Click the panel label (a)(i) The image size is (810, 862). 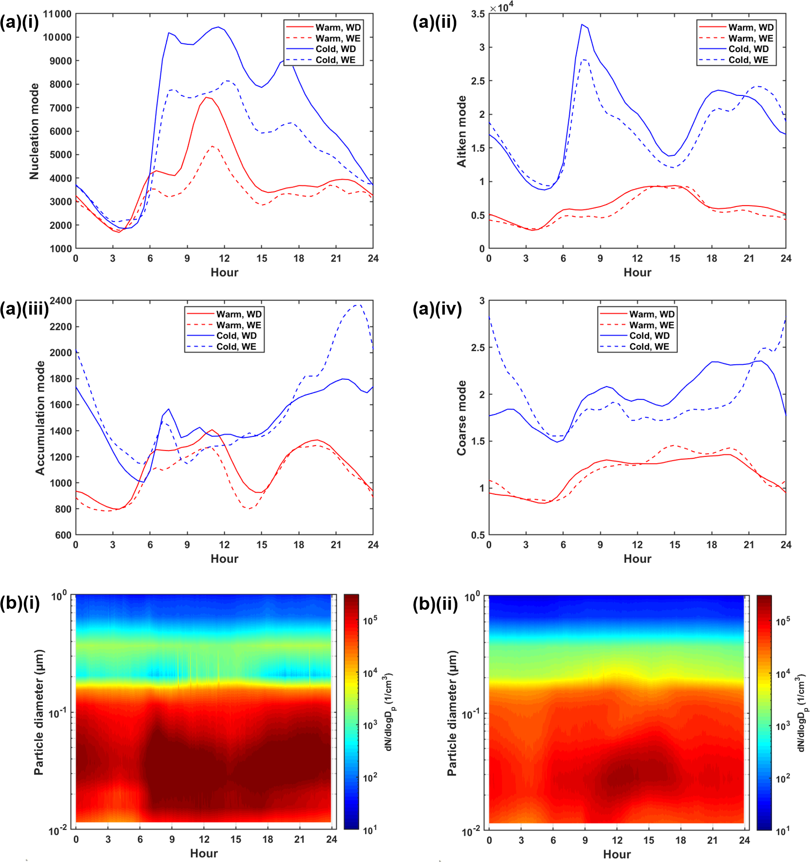pyautogui.click(x=19, y=22)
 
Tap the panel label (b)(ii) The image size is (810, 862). pyautogui.click(x=435, y=604)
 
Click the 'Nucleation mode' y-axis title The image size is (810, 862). pyautogui.click(x=34, y=131)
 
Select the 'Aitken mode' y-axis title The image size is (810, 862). pyautogui.click(x=461, y=131)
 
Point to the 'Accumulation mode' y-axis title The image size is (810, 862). pyautogui.click(x=40, y=418)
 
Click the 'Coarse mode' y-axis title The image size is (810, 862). pyautogui.click(x=461, y=418)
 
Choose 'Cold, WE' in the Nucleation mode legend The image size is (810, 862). pyautogui.click(x=335, y=60)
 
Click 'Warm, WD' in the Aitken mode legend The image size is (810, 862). pyautogui.click(x=751, y=27)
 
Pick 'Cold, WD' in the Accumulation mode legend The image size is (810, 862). pyautogui.click(x=236, y=336)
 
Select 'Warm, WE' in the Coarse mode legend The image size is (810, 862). pyautogui.click(x=652, y=325)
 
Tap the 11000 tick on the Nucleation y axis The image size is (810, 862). pyautogui.click(x=57, y=14)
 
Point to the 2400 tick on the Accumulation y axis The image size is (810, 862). pyautogui.click(x=61, y=301)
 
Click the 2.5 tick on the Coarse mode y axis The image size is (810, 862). pyautogui.click(x=478, y=348)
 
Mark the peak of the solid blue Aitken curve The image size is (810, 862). pyautogui.click(x=582, y=24)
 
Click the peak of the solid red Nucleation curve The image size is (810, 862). pyautogui.click(x=206, y=97)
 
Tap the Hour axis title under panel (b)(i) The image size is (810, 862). pyautogui.click(x=204, y=853)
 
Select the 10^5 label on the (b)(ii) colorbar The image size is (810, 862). pyautogui.click(x=783, y=621)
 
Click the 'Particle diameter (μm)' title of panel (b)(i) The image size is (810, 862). pyautogui.click(x=39, y=712)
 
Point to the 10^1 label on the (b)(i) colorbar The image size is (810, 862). pyautogui.click(x=369, y=830)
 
